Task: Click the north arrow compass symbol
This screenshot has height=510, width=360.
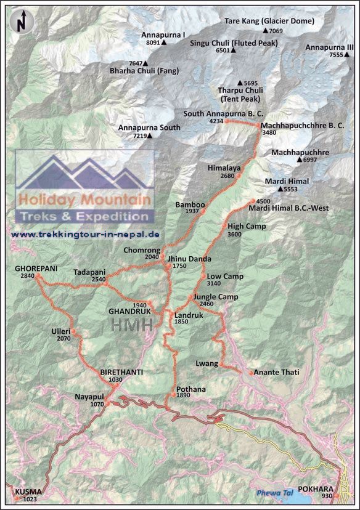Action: tap(22, 21)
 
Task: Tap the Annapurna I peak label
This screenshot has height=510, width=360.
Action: tap(163, 35)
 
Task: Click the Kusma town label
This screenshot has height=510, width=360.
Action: tap(26, 492)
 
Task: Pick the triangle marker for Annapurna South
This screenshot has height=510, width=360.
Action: tap(151, 136)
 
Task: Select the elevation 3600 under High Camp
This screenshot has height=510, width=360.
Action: tap(234, 235)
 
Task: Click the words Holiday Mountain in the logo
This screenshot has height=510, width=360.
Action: tap(85, 200)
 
